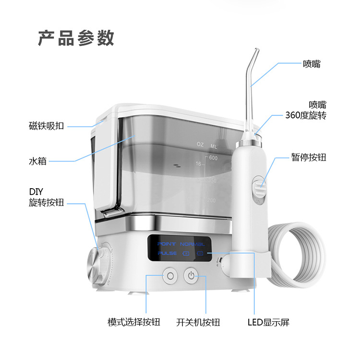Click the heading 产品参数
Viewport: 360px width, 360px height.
[x=76, y=38]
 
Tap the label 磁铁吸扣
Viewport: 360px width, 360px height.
[x=47, y=126]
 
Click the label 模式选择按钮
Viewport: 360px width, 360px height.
[x=134, y=322]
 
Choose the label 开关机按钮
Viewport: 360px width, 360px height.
[x=194, y=322]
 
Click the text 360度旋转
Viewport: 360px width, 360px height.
[x=306, y=116]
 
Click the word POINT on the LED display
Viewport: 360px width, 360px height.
[x=167, y=244]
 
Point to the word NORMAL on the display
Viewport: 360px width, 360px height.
[x=193, y=244]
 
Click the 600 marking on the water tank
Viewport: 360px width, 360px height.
[x=213, y=158]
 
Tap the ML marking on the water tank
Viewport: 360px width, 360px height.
[x=214, y=144]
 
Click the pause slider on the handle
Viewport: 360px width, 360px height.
[x=259, y=184]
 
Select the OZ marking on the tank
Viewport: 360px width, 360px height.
[x=200, y=144]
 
